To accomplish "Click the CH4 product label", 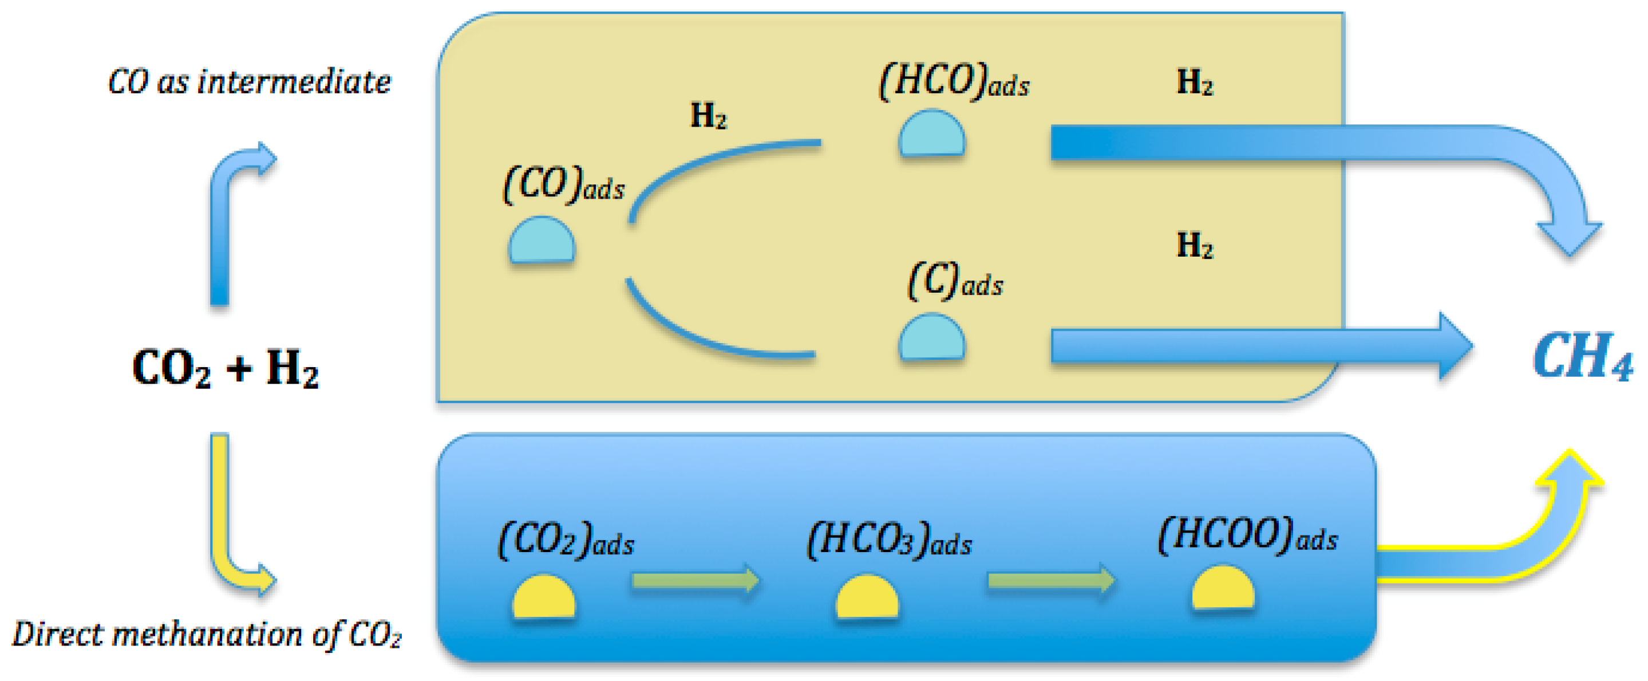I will click(x=1582, y=357).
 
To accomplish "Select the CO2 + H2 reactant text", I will click(x=225, y=368).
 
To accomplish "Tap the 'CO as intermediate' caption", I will click(x=249, y=82).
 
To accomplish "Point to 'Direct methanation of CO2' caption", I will click(x=207, y=634).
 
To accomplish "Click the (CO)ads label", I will click(x=564, y=184).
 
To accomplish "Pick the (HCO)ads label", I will click(x=954, y=82).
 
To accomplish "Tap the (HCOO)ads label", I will click(x=1247, y=534).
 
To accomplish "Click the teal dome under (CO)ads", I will click(x=542, y=240).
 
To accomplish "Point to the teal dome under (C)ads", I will click(x=931, y=337).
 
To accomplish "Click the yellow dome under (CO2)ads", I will click(x=544, y=597).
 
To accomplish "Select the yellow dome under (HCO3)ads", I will click(x=867, y=597).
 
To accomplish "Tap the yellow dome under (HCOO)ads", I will click(x=1223, y=588).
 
